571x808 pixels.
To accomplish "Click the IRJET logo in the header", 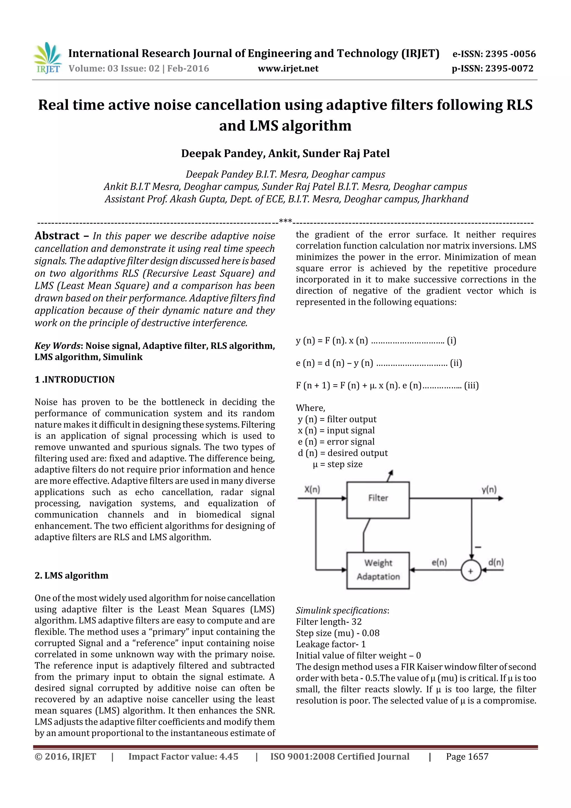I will pos(47,58).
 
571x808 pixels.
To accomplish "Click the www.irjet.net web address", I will pos(288,69).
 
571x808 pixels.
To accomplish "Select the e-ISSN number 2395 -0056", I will pos(510,54).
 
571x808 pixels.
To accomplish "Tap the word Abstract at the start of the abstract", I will pos(57,236).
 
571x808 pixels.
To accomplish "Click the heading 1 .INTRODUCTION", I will pos(75,379).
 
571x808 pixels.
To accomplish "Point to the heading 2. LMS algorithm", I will pos(71,575).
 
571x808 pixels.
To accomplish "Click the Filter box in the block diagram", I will pos(378,500).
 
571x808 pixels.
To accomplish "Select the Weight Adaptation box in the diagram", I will pos(378,570).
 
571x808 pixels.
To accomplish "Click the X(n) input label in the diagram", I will pos(312,489).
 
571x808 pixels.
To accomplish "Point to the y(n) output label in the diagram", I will pos(489,489).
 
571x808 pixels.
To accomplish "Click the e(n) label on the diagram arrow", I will pos(439,562).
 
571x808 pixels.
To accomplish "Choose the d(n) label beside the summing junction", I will pos(496,562).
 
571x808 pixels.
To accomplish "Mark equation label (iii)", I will pos(471,386).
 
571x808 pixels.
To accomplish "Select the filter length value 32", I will pos(356,622).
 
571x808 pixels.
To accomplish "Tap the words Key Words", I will pos(57,346).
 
